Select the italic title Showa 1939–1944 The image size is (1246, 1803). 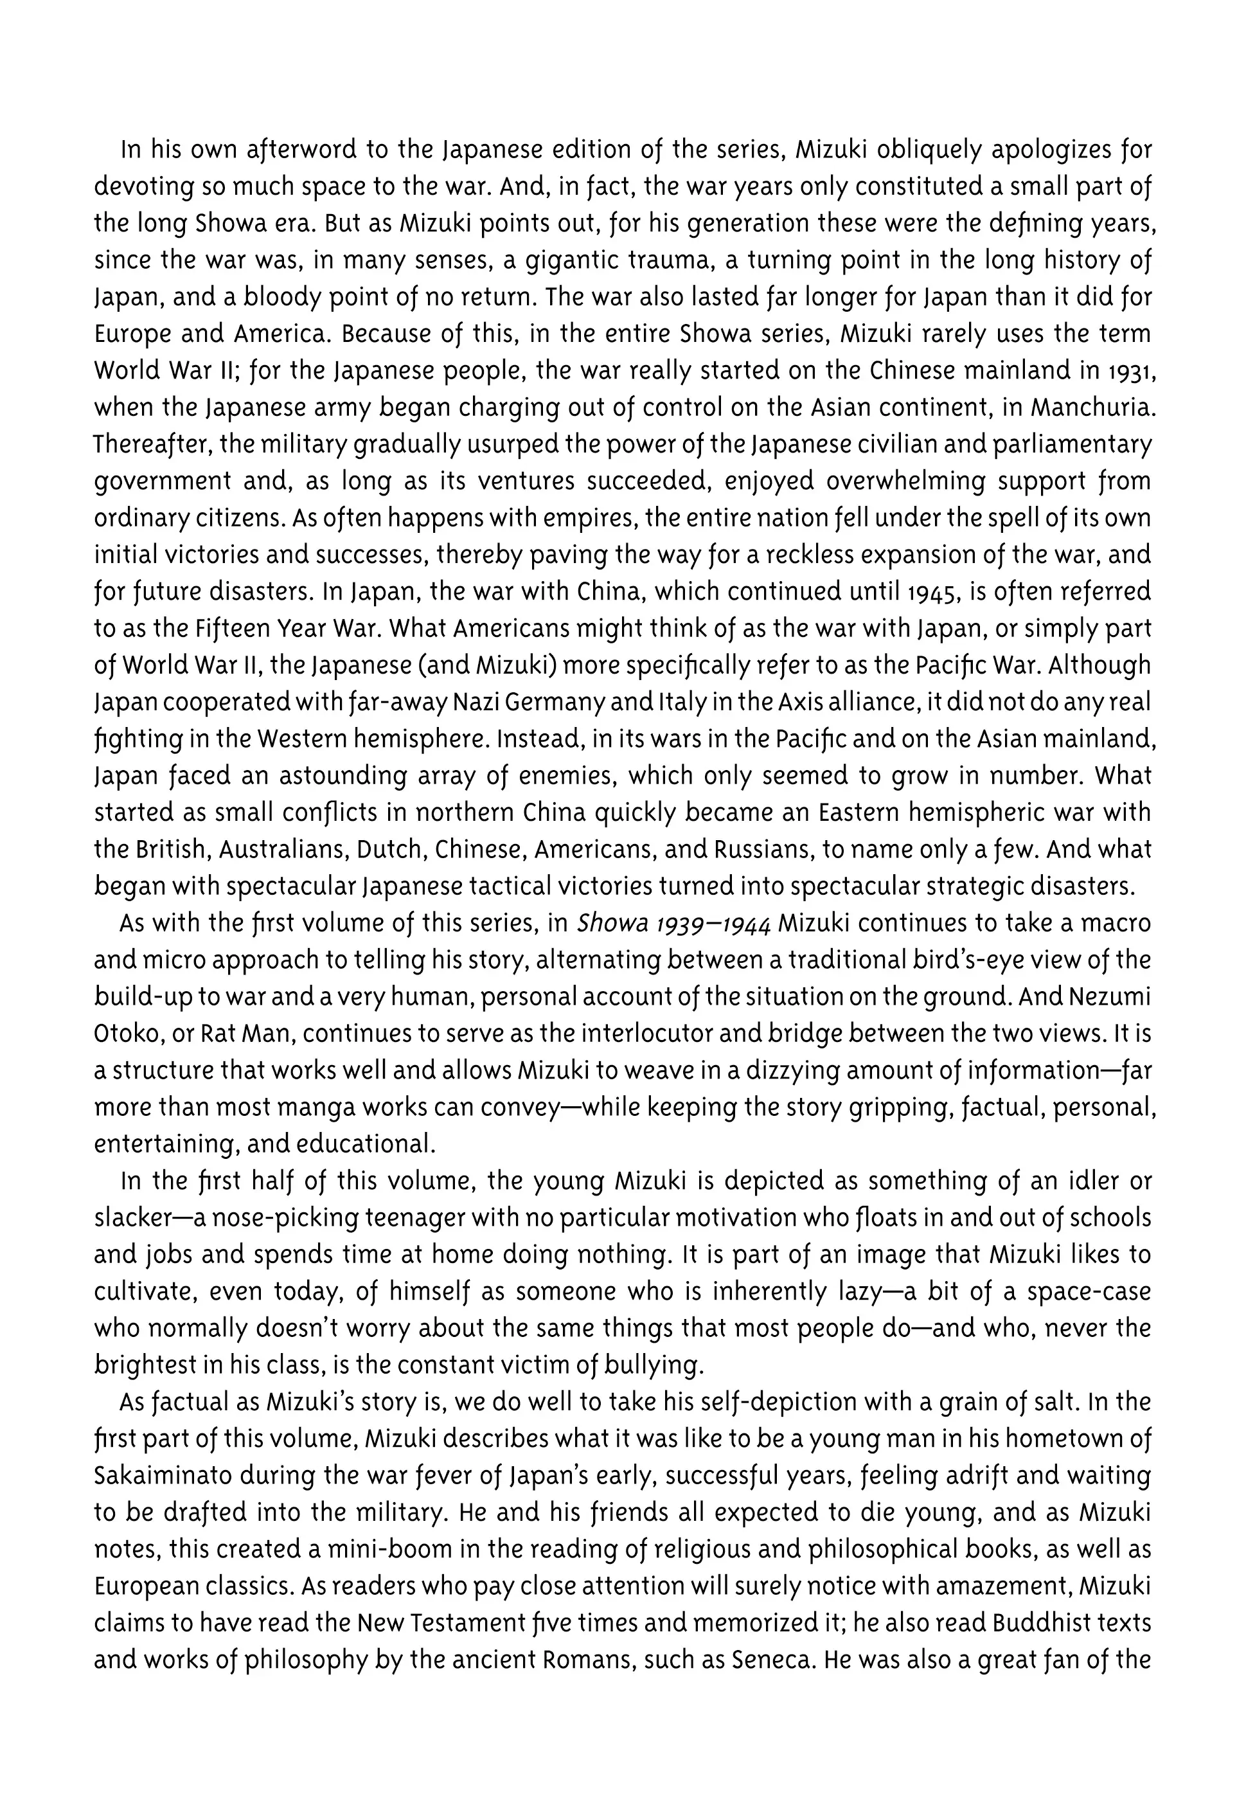click(x=673, y=923)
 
